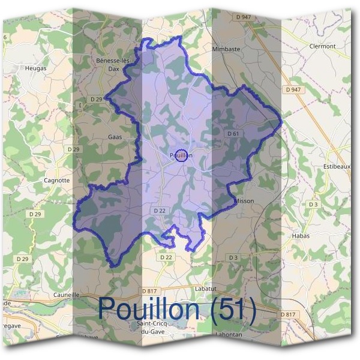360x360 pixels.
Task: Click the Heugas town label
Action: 35,68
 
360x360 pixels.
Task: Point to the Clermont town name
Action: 322,46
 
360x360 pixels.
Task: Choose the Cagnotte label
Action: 57,180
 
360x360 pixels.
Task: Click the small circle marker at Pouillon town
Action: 182,155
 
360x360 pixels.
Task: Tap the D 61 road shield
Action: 233,133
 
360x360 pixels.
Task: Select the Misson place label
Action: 244,201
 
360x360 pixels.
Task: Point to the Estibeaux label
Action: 337,166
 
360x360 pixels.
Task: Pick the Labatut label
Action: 205,289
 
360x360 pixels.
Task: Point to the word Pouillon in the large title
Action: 149,309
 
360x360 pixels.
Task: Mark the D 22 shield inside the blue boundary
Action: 159,211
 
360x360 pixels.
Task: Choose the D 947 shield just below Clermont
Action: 293,89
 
